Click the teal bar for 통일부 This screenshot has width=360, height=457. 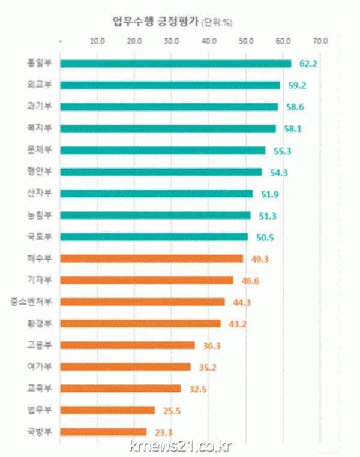pos(176,64)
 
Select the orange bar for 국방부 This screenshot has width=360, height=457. pos(104,431)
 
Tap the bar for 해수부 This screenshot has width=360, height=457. pos(152,258)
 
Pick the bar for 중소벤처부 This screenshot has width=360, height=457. pos(143,302)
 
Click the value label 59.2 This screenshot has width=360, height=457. pos(296,85)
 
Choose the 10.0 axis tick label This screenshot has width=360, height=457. pos(97,41)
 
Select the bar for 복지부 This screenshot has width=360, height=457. pos(168,128)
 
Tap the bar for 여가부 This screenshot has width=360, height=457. pos(125,366)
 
